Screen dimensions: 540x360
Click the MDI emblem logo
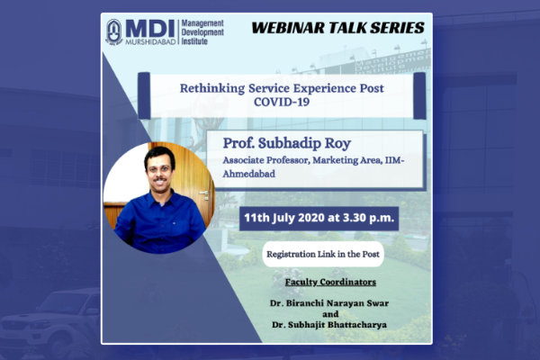[x=114, y=32]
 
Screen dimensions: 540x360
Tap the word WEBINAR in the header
[x=288, y=28]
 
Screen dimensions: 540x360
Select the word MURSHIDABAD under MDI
[x=150, y=41]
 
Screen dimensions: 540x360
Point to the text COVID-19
[x=282, y=102]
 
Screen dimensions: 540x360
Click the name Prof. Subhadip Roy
[x=287, y=143]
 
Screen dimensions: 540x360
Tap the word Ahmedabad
[x=249, y=174]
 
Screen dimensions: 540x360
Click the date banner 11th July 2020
[x=319, y=218]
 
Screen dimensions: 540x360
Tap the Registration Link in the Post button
[x=323, y=254]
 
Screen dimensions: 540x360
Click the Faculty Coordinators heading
[x=330, y=282]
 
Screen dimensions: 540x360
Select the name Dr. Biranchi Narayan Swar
[x=329, y=303]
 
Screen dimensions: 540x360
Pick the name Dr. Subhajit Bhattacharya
[x=329, y=325]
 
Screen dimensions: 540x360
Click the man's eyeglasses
[x=158, y=169]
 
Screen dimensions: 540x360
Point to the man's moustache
[x=160, y=179]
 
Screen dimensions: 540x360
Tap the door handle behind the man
[x=204, y=193]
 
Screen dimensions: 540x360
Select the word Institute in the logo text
[x=194, y=41]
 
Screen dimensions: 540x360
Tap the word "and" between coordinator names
[x=330, y=314]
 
